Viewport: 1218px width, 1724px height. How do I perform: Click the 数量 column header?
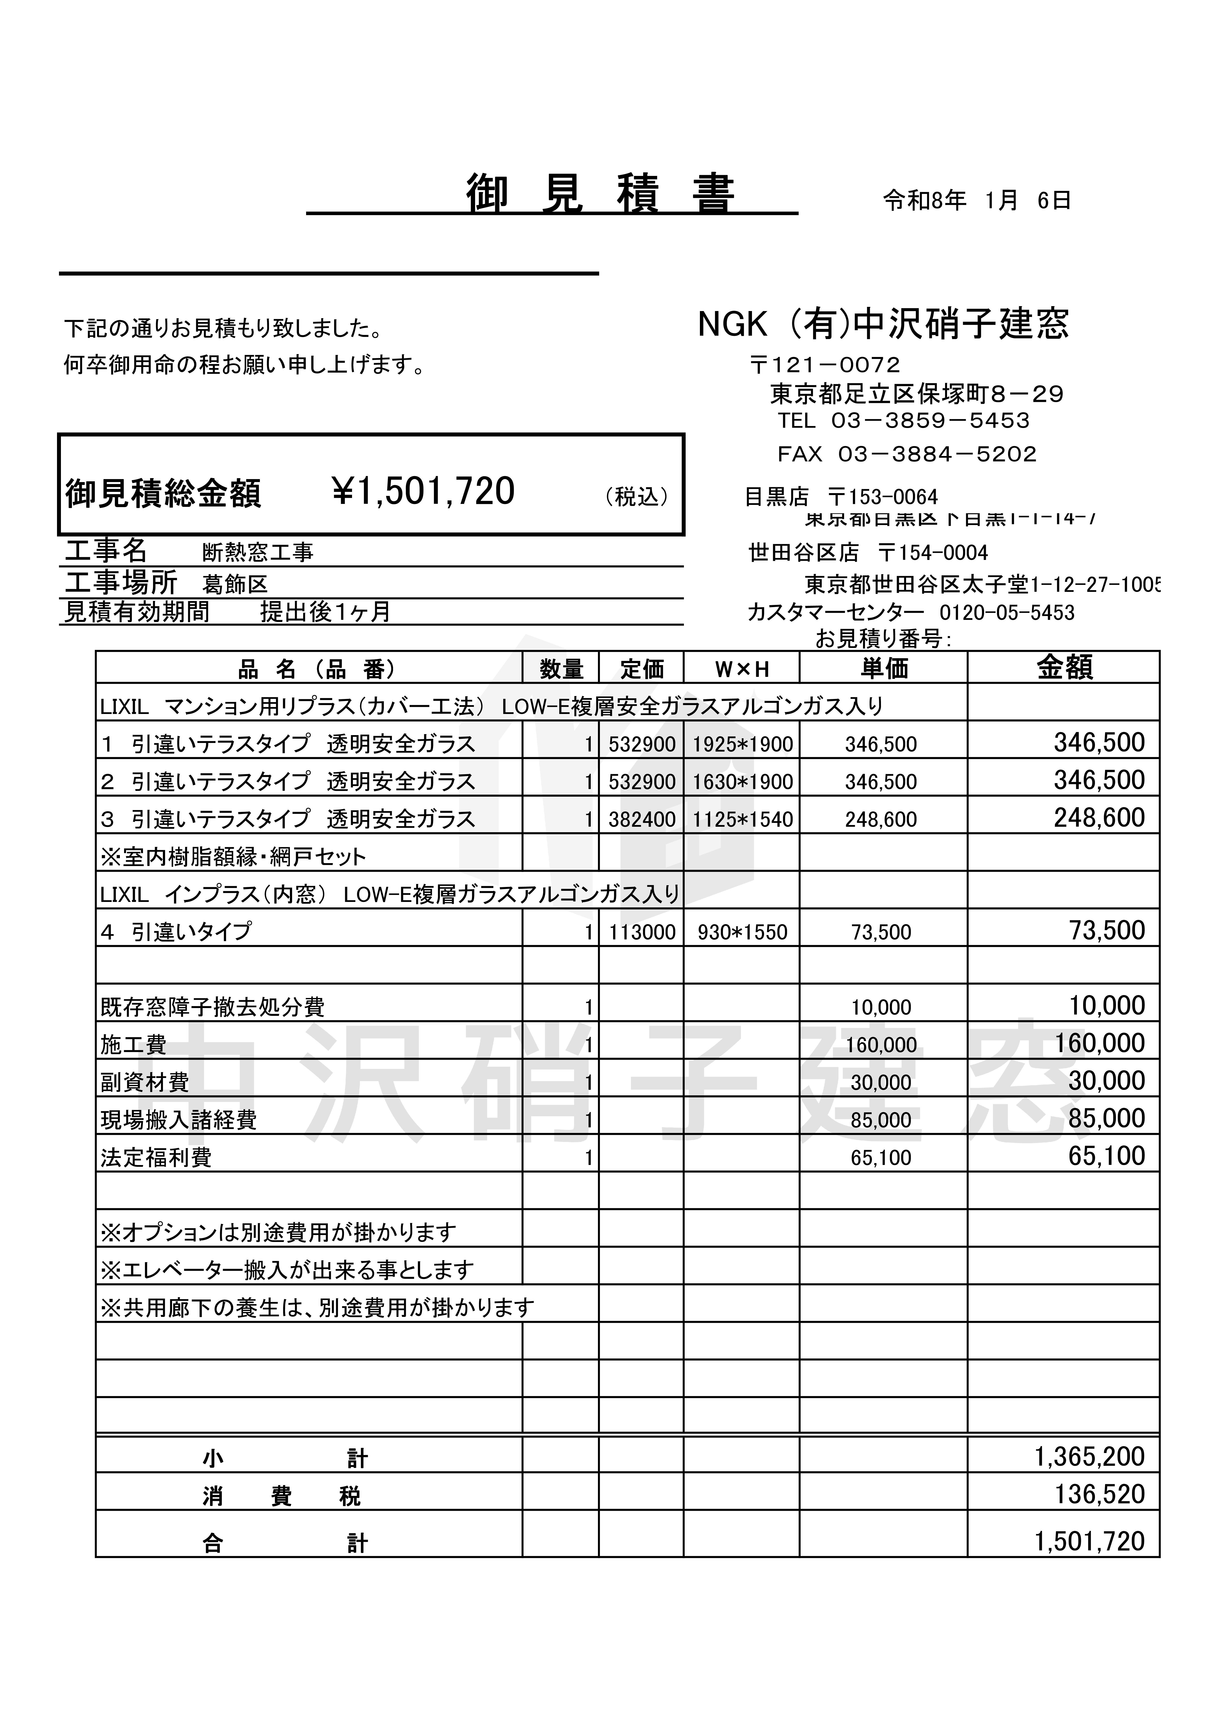pos(561,668)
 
